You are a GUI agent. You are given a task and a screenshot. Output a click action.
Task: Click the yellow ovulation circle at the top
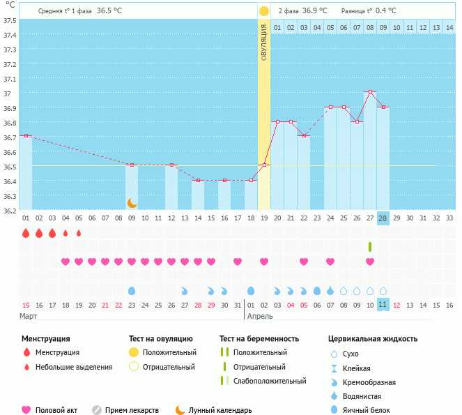click(264, 11)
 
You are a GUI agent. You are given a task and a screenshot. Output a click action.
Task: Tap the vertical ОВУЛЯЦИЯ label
click(264, 42)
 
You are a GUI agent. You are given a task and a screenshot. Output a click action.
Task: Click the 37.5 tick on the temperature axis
click(9, 20)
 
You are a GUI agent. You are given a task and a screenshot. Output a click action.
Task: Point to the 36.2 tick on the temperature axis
click(9, 210)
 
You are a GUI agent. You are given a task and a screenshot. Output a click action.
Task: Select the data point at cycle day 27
click(356, 121)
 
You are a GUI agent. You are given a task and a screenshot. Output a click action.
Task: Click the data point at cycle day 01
click(26, 135)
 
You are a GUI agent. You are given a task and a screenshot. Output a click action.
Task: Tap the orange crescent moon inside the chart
click(132, 203)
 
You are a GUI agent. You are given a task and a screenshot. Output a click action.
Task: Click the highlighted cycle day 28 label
click(383, 218)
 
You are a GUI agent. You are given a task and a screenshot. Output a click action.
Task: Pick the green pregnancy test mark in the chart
click(370, 247)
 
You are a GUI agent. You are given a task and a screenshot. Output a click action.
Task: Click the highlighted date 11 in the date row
click(383, 305)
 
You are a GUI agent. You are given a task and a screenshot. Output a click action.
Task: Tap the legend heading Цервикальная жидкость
click(373, 338)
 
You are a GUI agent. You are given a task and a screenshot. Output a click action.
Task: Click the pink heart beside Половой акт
click(27, 410)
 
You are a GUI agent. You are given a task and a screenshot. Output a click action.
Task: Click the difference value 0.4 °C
click(385, 11)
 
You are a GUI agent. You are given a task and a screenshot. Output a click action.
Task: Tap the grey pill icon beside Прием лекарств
click(97, 410)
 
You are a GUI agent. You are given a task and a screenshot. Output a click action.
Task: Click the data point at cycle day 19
click(264, 165)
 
